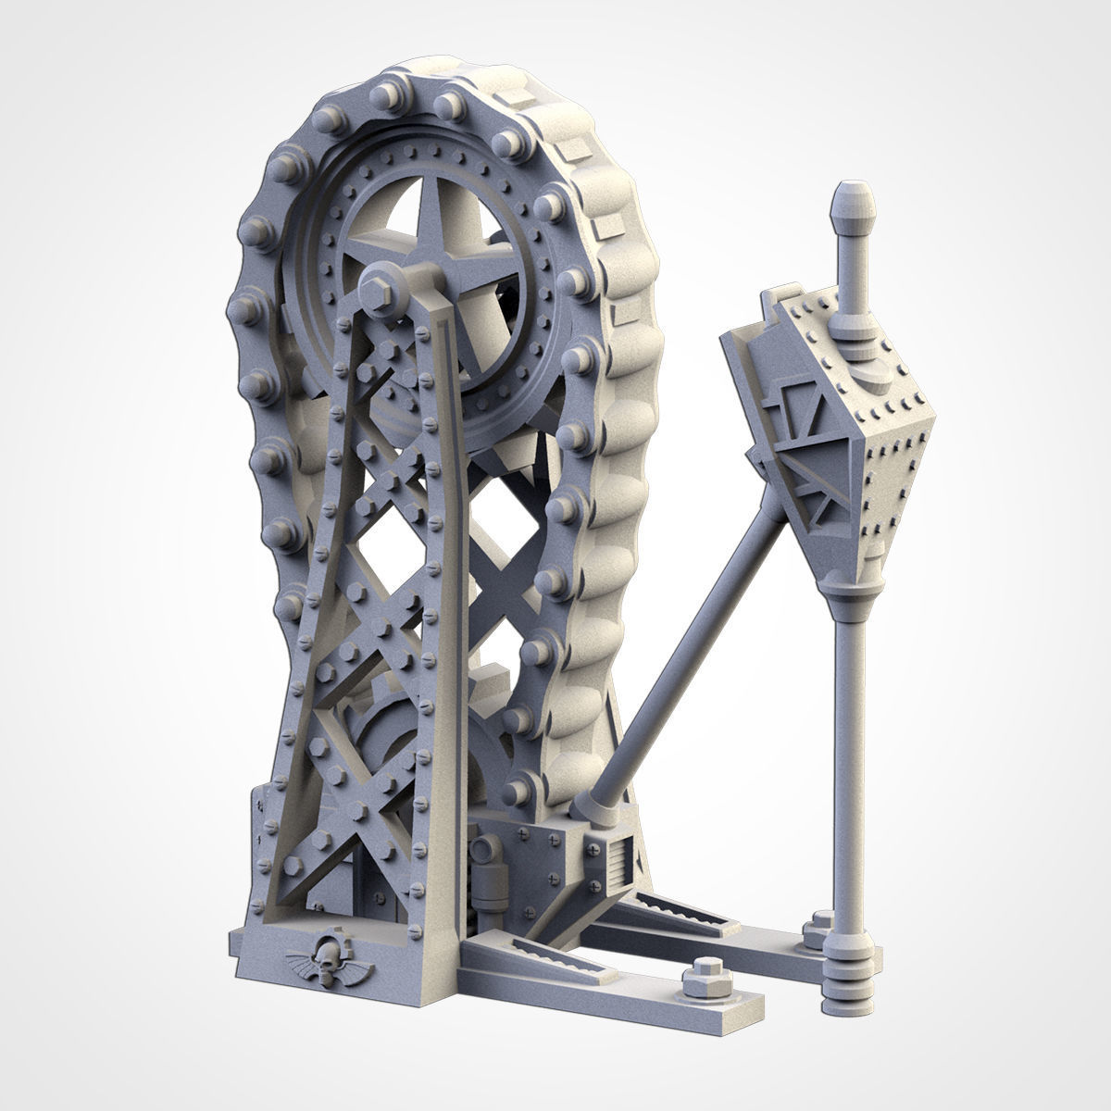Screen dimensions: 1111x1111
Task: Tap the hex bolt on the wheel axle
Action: coord(379,295)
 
